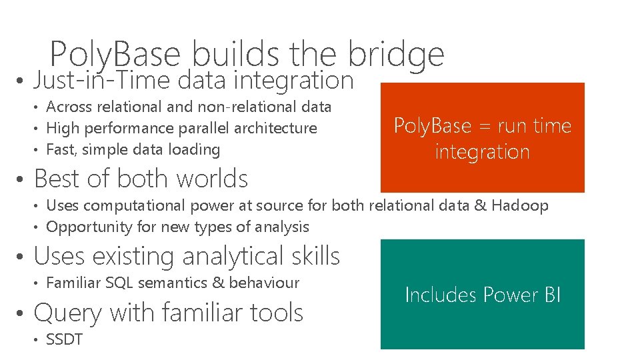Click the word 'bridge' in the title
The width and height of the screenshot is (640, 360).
point(396,54)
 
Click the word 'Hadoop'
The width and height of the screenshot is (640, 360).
point(520,205)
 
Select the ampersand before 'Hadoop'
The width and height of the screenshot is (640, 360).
point(480,205)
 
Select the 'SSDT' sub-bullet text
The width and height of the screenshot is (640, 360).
point(64,339)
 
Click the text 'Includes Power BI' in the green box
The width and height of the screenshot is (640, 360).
point(483,295)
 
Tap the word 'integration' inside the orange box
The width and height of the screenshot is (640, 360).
point(482,152)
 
